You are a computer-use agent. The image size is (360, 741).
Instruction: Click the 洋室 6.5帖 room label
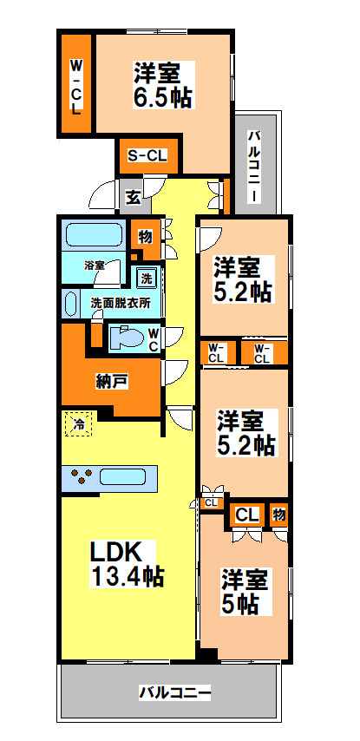click(162, 84)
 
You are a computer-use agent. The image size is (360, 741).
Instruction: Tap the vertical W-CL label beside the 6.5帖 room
click(75, 87)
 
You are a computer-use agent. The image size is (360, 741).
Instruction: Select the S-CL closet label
click(148, 156)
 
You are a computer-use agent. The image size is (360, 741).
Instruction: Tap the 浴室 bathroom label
click(95, 264)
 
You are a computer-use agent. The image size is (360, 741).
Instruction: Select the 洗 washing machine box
click(147, 279)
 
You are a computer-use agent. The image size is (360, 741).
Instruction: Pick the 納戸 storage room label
click(112, 380)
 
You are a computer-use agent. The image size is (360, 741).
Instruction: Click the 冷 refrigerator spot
click(78, 424)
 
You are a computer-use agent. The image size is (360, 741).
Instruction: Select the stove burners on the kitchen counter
click(82, 476)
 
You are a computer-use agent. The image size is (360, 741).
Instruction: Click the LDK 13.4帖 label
click(128, 561)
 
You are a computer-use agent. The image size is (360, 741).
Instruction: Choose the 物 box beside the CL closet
click(278, 514)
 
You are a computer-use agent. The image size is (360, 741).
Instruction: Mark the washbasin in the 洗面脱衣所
click(72, 304)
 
